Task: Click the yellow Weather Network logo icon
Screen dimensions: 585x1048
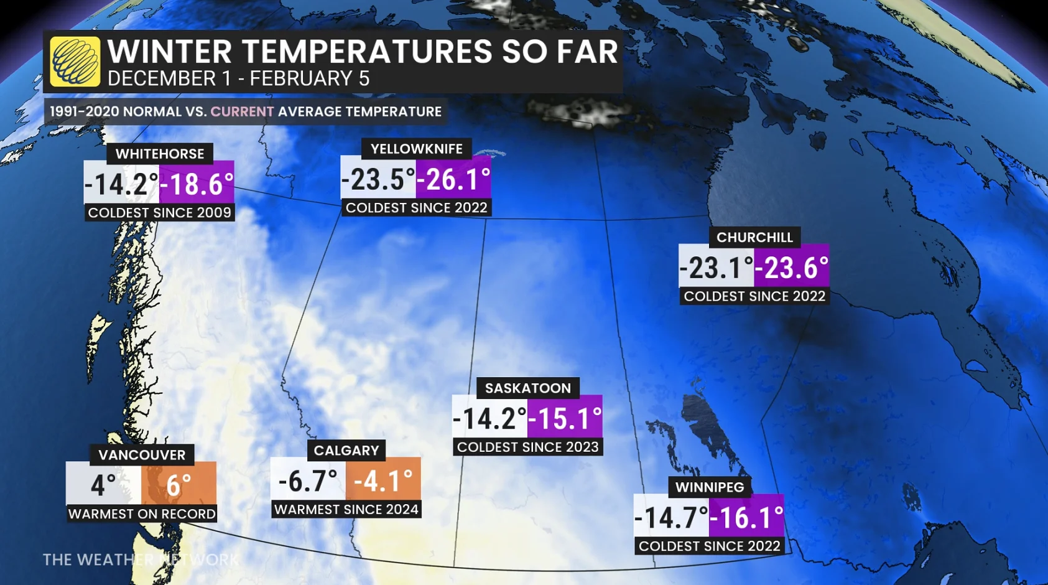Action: [75, 62]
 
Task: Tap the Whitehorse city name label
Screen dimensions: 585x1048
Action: [160, 154]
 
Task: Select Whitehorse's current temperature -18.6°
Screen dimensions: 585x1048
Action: [197, 184]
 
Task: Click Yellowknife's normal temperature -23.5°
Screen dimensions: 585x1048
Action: [378, 179]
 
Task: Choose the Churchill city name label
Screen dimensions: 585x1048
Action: [754, 237]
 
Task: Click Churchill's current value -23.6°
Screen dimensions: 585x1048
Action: [791, 268]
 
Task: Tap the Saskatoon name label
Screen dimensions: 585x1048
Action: [528, 388]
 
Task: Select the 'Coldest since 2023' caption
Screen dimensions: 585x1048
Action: [528, 447]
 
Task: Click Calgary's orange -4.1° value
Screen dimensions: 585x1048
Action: [383, 480]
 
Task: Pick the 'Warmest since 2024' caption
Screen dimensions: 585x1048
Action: [346, 509]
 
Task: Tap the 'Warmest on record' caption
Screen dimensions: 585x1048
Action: [142, 514]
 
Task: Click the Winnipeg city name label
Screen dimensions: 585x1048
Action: [710, 487]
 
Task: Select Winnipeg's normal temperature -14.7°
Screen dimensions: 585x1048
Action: [671, 517]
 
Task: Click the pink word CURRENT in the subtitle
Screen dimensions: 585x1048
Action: [242, 112]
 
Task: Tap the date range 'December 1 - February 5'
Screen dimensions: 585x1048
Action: [238, 79]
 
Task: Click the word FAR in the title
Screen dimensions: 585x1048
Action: [587, 51]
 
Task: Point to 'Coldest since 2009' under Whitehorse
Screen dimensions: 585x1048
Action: [160, 213]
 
